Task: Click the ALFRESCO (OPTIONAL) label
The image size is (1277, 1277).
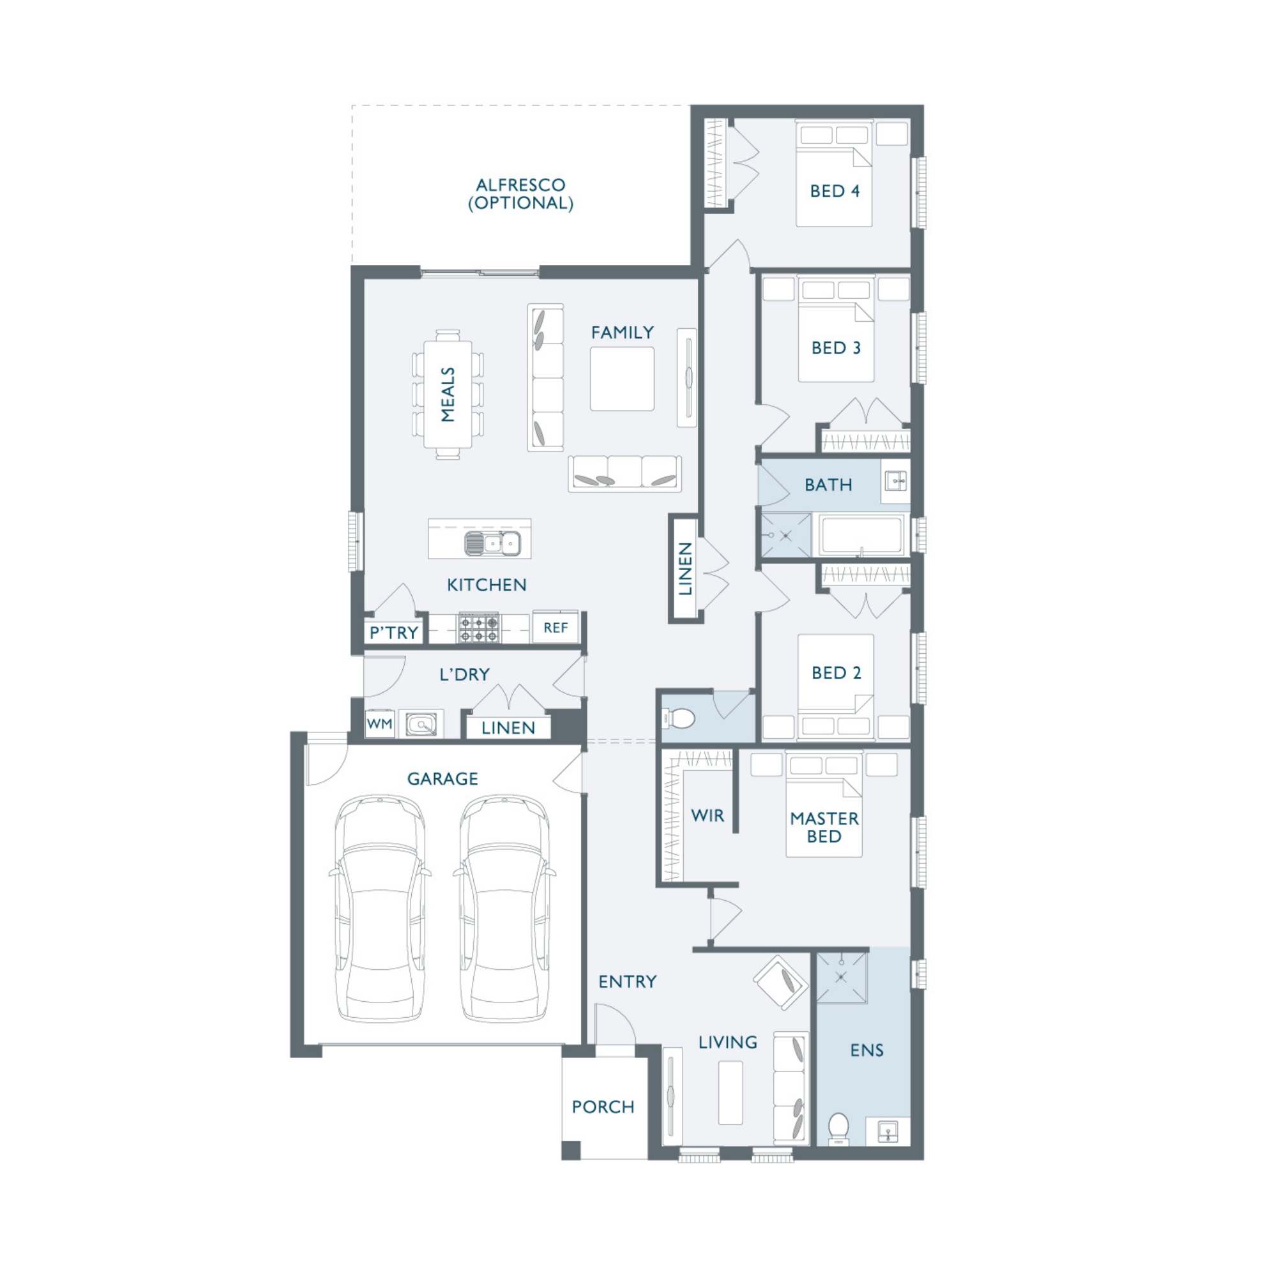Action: click(x=520, y=193)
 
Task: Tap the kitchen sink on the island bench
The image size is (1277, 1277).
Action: click(x=492, y=543)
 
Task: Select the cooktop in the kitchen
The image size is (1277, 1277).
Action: click(x=480, y=628)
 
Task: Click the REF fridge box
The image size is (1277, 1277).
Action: click(x=556, y=626)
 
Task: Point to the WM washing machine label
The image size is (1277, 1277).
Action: click(x=379, y=724)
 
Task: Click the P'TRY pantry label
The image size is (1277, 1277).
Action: click(x=394, y=633)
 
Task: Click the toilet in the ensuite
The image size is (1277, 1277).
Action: click(x=838, y=1128)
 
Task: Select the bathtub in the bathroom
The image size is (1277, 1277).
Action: click(x=862, y=534)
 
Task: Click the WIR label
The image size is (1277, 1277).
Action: click(x=707, y=815)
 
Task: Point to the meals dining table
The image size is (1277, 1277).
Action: click(x=448, y=395)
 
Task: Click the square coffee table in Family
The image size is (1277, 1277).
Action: click(x=622, y=379)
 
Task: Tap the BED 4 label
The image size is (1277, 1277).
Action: click(x=835, y=191)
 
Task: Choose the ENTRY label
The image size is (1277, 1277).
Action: click(x=627, y=981)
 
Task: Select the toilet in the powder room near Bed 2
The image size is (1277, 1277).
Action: click(x=679, y=718)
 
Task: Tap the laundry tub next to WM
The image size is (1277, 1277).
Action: click(x=421, y=725)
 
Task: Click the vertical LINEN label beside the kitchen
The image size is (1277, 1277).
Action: click(x=685, y=568)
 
